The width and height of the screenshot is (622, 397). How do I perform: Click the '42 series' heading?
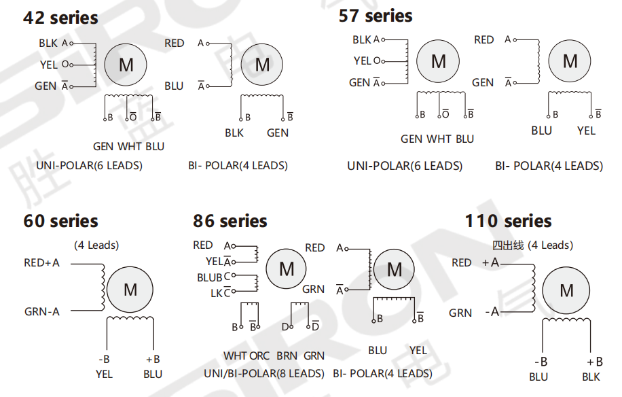point(60,18)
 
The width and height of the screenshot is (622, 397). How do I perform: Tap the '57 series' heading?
point(376,16)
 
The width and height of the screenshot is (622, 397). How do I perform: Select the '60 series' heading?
point(60,221)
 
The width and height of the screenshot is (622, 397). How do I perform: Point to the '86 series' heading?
point(230,221)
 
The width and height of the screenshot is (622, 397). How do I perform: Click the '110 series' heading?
point(508,221)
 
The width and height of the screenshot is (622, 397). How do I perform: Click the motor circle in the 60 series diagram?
point(130,290)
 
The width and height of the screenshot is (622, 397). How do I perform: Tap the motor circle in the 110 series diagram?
point(566,291)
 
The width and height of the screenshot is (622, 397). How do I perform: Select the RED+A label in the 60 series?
point(41,263)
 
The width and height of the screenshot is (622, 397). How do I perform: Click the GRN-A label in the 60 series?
point(42,311)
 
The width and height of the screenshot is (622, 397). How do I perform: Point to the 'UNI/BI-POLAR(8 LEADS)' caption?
point(264,373)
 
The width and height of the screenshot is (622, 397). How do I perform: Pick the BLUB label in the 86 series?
point(209,278)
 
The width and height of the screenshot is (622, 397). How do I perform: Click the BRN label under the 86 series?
point(287,356)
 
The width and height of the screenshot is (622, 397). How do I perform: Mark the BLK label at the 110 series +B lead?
point(591,377)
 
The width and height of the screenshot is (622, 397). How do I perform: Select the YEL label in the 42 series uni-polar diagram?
point(49,65)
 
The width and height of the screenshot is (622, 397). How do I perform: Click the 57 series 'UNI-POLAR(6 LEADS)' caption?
point(405,166)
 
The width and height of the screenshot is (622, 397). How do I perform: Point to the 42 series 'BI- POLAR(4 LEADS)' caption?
point(238,165)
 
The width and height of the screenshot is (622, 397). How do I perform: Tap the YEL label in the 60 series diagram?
point(105,373)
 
